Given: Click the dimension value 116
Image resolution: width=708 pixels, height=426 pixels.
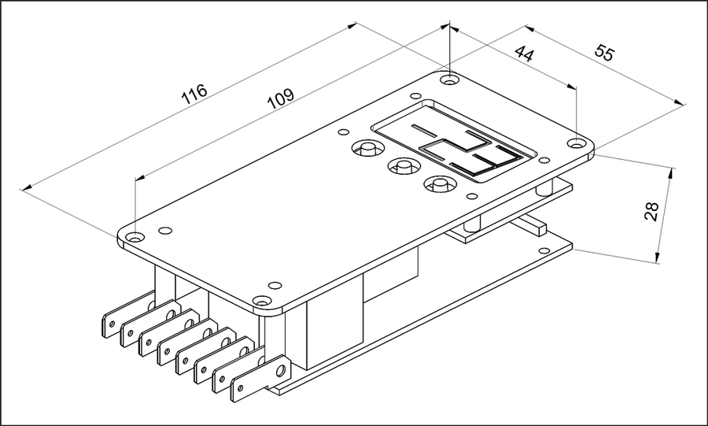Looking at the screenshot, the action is tap(194, 94).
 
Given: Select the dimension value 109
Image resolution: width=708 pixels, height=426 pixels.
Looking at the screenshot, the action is tap(280, 98).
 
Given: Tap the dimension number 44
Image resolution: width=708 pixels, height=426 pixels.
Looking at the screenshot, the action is tap(525, 54).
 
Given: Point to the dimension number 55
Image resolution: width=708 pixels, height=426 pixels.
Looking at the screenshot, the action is tap(605, 52).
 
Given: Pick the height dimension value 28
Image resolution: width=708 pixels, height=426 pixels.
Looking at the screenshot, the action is tap(651, 211).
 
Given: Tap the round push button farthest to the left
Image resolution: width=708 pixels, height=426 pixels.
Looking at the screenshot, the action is tap(367, 148).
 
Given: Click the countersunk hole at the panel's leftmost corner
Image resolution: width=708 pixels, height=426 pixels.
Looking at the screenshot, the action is tap(134, 237).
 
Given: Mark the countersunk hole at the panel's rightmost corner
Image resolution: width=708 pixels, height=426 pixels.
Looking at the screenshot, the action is tap(576, 144).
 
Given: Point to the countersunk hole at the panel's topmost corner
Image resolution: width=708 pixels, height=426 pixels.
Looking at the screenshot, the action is tap(448, 80).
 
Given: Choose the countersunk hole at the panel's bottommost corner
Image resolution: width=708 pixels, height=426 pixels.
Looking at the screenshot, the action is tap(261, 302).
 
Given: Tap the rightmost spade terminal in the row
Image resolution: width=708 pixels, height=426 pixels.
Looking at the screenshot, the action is tap(260, 379).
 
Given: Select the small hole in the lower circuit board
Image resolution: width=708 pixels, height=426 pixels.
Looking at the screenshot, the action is tap(544, 250).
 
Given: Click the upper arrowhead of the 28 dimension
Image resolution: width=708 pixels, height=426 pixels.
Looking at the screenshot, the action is tap(672, 173).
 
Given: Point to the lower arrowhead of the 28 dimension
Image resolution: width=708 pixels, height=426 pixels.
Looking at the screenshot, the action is tap(658, 257).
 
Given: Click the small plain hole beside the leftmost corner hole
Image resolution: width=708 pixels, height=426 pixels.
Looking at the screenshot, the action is tap(165, 231).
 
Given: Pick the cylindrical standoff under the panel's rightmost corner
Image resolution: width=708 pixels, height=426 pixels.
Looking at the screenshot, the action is tap(544, 187).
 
